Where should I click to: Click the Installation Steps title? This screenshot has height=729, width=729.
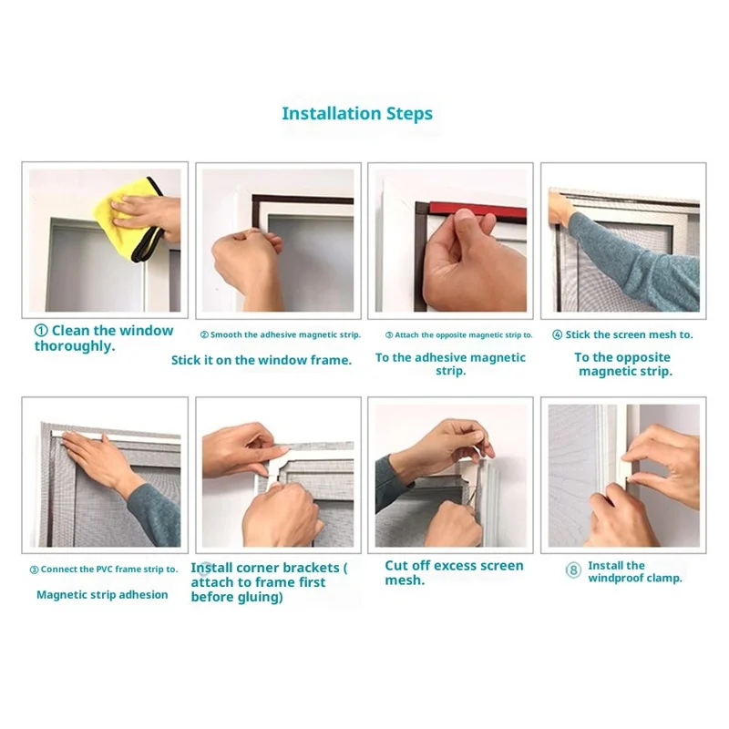357,114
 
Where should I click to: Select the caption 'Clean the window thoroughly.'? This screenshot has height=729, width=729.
104,338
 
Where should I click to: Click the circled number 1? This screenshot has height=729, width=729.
41,331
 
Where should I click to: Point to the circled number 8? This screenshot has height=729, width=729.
573,570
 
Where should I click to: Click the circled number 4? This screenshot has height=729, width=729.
557,334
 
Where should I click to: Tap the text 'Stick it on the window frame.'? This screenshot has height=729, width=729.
262,360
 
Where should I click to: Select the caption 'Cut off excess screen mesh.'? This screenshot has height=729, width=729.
454,573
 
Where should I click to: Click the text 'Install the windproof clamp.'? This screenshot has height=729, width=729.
635,572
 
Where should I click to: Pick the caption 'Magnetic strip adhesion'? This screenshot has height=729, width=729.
102,595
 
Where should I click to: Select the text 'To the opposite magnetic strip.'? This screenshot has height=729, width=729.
624,364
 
